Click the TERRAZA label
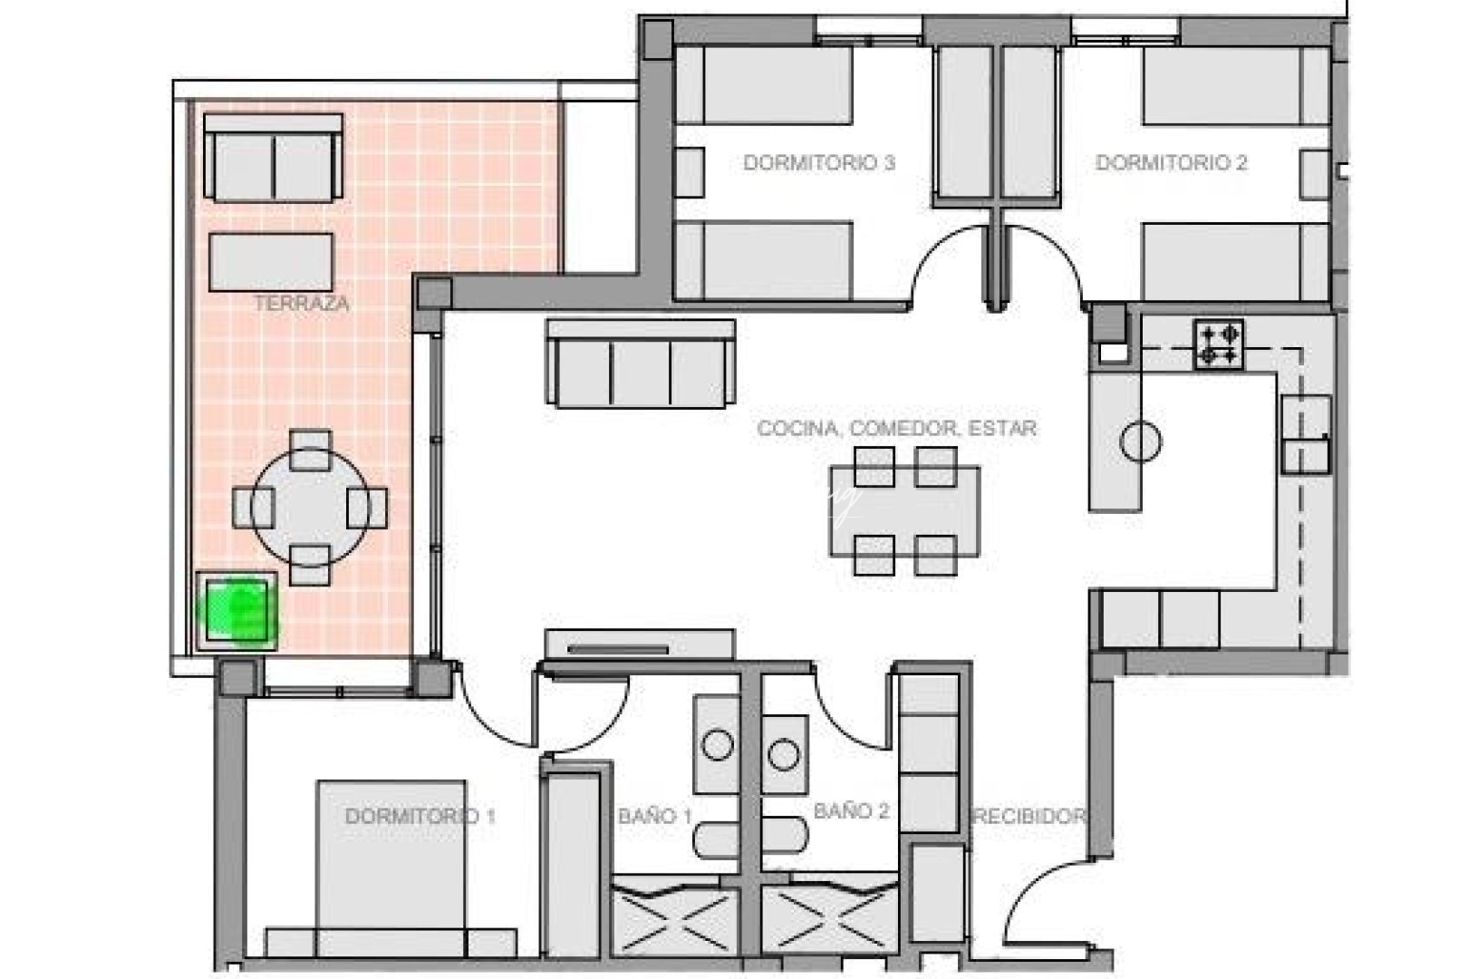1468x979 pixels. (x=301, y=304)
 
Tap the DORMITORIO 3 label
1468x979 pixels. (x=819, y=163)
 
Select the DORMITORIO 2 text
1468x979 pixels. (x=1171, y=163)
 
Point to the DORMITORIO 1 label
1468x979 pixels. (x=420, y=816)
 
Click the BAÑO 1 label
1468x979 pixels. (x=654, y=816)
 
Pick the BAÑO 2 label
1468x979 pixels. (x=851, y=811)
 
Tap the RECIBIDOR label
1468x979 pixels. (x=1029, y=816)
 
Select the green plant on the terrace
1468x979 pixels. (x=238, y=610)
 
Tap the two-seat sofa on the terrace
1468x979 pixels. (x=273, y=158)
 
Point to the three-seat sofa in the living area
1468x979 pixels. (x=640, y=363)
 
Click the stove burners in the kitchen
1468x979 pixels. (x=1219, y=344)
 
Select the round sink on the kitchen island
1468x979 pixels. (x=1140, y=442)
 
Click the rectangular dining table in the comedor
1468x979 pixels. (x=904, y=510)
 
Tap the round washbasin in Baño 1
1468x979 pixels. (x=718, y=746)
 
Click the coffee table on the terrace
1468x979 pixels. (x=271, y=262)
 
